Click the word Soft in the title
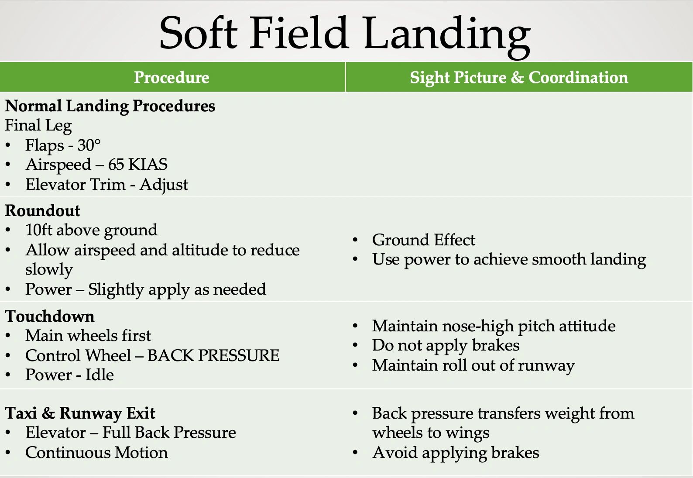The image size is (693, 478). [x=198, y=33]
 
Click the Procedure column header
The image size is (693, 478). [x=172, y=77]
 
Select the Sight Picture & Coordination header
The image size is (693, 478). [x=519, y=77]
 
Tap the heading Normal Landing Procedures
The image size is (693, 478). [x=110, y=106]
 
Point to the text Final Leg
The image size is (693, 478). [x=38, y=126]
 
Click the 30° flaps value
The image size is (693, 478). [x=89, y=145]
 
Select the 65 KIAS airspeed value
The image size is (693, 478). [x=137, y=165]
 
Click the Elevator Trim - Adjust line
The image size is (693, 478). [x=106, y=185]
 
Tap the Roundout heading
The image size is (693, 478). [x=43, y=211]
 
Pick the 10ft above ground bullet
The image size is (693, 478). [x=91, y=230]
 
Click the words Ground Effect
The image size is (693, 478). [x=423, y=240]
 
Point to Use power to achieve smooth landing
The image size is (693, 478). [x=509, y=260]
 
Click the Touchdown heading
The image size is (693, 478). [x=50, y=316]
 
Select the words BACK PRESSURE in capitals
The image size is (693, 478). [x=213, y=356]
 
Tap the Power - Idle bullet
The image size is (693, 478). [x=69, y=375]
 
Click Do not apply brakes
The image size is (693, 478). [x=446, y=345]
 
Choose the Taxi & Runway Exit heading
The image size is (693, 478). [x=80, y=413]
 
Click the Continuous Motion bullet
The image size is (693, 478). [x=96, y=453]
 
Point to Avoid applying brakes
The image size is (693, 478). [x=456, y=453]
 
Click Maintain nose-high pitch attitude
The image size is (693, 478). [x=494, y=326]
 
